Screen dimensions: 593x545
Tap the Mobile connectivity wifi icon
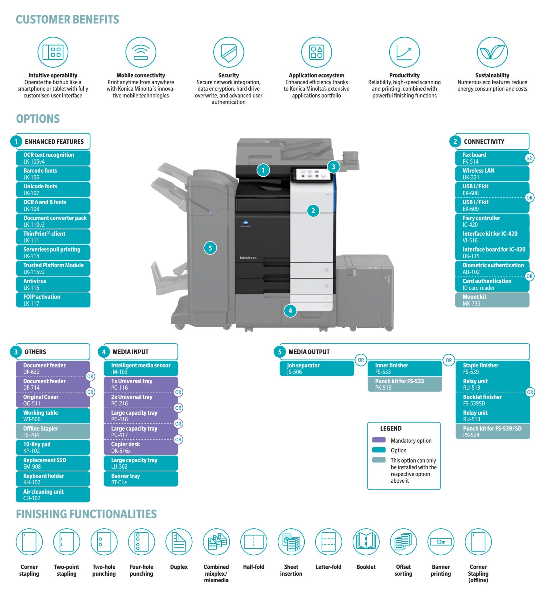[141, 52]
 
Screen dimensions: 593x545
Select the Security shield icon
[229, 52]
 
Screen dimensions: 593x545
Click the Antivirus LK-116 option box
[53, 284]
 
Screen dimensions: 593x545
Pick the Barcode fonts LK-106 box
[53, 174]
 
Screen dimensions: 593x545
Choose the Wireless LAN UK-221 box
[492, 174]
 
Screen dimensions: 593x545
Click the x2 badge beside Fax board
[529, 158]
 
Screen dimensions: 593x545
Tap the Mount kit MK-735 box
[492, 300]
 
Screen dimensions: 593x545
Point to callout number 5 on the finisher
[210, 248]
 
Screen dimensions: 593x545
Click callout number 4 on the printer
[290, 311]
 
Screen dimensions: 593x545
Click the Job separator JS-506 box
[316, 368]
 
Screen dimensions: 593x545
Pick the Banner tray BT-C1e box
[141, 479]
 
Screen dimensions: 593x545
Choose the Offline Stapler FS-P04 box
[53, 432]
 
